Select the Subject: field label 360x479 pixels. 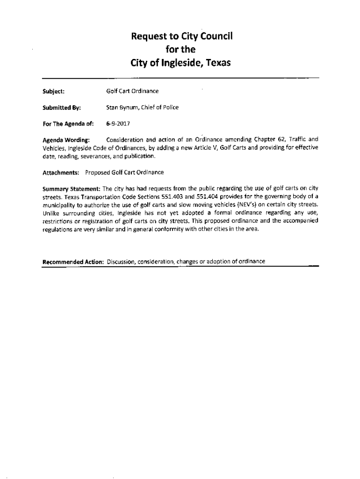(x=53, y=91)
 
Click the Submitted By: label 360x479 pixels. (x=62, y=108)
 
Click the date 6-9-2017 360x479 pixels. (x=118, y=124)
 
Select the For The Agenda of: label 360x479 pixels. (x=68, y=124)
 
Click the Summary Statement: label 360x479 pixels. (x=71, y=189)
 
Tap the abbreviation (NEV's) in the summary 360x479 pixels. (x=247, y=204)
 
